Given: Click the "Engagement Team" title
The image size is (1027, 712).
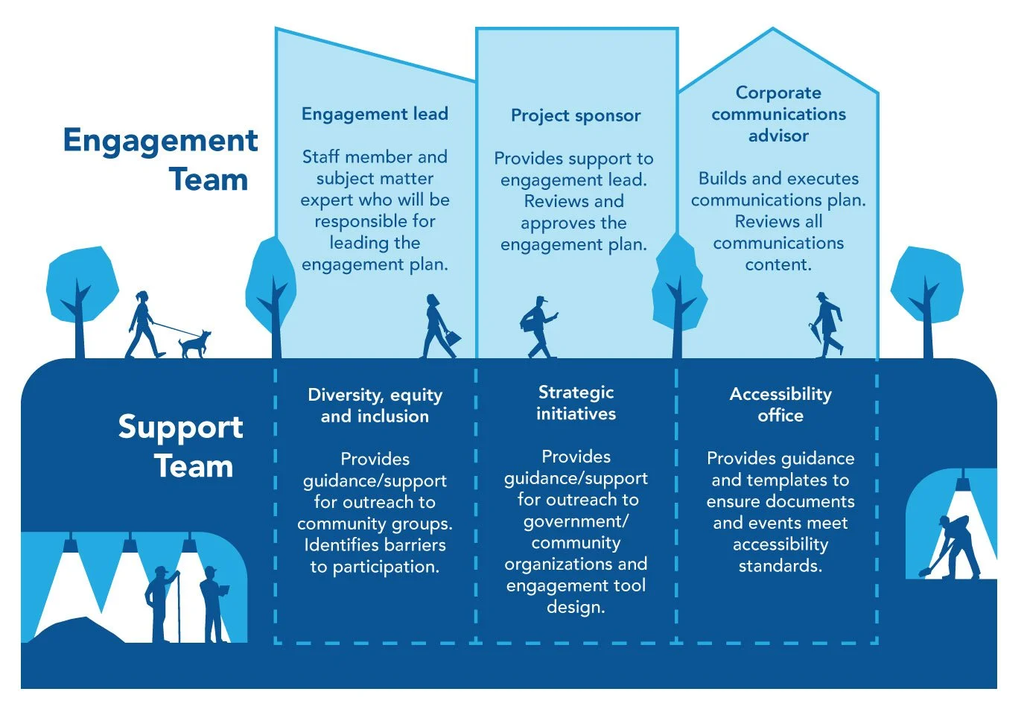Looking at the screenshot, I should click(x=161, y=159).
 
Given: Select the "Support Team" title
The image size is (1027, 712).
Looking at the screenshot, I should click(x=180, y=446).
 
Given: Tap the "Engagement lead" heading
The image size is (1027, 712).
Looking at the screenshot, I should click(x=375, y=114).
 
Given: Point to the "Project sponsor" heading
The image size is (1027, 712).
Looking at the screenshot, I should click(x=576, y=115).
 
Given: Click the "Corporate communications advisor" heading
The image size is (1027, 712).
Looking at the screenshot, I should click(x=778, y=114).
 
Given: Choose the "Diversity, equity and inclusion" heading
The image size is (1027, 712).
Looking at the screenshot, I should click(x=375, y=405).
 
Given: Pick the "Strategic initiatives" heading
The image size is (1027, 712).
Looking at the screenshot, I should click(x=576, y=403).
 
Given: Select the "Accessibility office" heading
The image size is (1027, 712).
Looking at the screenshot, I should click(x=780, y=404).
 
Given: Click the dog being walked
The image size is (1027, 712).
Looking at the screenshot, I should click(x=194, y=344).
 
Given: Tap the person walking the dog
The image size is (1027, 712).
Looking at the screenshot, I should click(x=143, y=325).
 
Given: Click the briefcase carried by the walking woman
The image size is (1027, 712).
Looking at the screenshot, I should click(x=453, y=338).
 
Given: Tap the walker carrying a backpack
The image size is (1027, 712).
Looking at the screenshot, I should click(x=538, y=327).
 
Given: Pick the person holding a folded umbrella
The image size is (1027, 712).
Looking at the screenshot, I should click(x=827, y=325).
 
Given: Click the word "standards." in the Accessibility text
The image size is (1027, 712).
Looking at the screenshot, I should click(x=780, y=566).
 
